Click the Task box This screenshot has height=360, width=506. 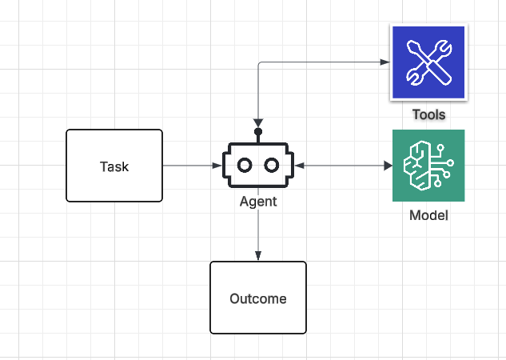point(114,166)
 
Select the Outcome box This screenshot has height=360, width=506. point(257,298)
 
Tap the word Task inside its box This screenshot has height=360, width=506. point(114,166)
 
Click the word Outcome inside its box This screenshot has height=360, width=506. point(257,299)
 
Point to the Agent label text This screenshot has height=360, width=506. point(257,202)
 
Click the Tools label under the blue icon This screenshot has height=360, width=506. point(428,114)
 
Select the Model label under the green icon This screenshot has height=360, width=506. point(428,215)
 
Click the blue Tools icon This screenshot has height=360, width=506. point(427,62)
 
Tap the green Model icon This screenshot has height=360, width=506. point(428,166)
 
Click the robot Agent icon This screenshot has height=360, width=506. point(257,165)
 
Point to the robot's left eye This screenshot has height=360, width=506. point(245,166)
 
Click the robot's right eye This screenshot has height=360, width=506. point(271,166)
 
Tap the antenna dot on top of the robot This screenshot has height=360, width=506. point(257,131)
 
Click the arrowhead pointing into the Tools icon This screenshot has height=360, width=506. point(384,62)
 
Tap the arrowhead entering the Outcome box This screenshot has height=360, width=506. point(257,256)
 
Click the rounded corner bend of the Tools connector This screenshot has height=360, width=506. point(259,64)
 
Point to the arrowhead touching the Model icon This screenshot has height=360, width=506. point(388,166)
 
